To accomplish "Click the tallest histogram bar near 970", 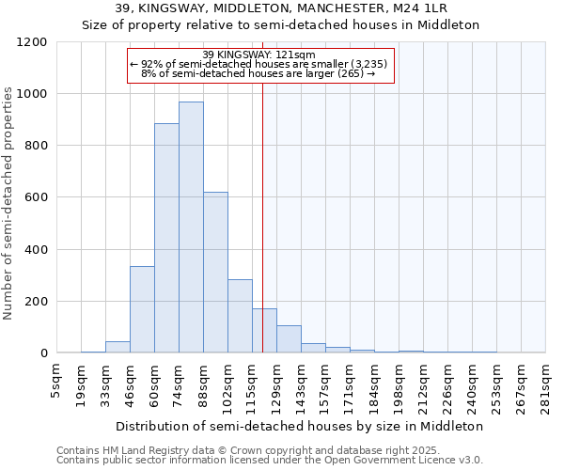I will pyautogui.click(x=191, y=227).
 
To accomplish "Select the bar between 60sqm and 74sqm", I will pyautogui.click(x=166, y=238).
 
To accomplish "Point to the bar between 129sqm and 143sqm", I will pyautogui.click(x=289, y=339).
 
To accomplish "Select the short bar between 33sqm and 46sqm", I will pyautogui.click(x=117, y=347).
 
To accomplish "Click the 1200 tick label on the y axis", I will pyautogui.click(x=32, y=42).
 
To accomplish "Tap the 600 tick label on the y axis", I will pyautogui.click(x=36, y=197).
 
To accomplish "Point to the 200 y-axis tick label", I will pyautogui.click(x=36, y=302).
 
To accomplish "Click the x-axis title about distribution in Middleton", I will pyautogui.click(x=301, y=426).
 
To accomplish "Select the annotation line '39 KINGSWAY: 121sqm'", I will pyautogui.click(x=258, y=55).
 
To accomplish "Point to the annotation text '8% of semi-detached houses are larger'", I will pyautogui.click(x=258, y=73).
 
